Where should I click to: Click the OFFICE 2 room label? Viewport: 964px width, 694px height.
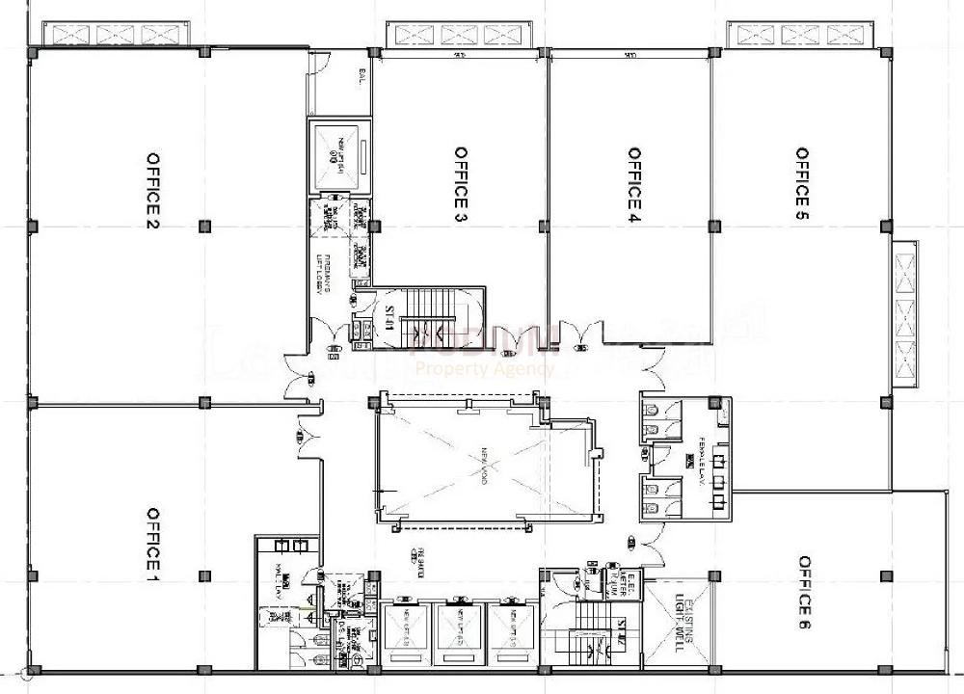coord(152,191)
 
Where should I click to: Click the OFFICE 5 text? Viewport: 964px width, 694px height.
coord(801,184)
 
